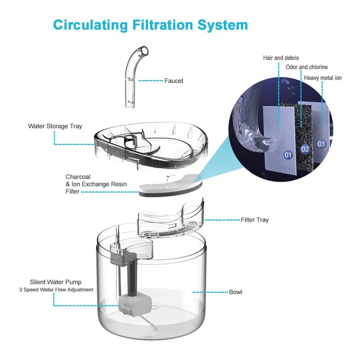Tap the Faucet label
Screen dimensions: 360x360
(x=174, y=81)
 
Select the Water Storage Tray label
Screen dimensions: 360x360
(x=55, y=126)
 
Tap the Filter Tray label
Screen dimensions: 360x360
(x=255, y=220)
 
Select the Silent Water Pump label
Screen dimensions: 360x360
(x=56, y=282)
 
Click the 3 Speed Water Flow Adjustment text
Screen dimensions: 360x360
(x=56, y=290)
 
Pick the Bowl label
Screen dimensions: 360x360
(x=236, y=292)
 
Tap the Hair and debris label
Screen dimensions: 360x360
(x=281, y=58)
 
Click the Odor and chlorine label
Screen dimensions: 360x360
(x=307, y=67)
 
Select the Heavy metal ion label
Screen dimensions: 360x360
(x=323, y=78)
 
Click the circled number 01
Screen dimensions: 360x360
(x=288, y=155)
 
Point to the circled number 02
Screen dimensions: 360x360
(x=305, y=149)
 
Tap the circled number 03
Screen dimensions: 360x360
(x=322, y=144)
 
